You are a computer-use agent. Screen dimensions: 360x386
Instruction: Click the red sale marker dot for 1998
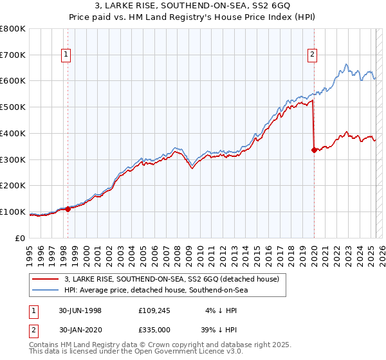click(68, 209)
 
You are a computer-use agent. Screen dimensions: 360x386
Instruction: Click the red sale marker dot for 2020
click(314, 150)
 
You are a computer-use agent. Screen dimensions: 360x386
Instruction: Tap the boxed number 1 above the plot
click(67, 55)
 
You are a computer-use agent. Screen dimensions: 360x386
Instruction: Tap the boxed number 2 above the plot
click(312, 55)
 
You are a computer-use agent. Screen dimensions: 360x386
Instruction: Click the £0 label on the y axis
click(21, 238)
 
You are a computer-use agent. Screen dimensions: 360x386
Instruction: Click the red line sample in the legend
click(46, 279)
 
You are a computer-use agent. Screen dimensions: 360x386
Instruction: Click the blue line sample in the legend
click(46, 291)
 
